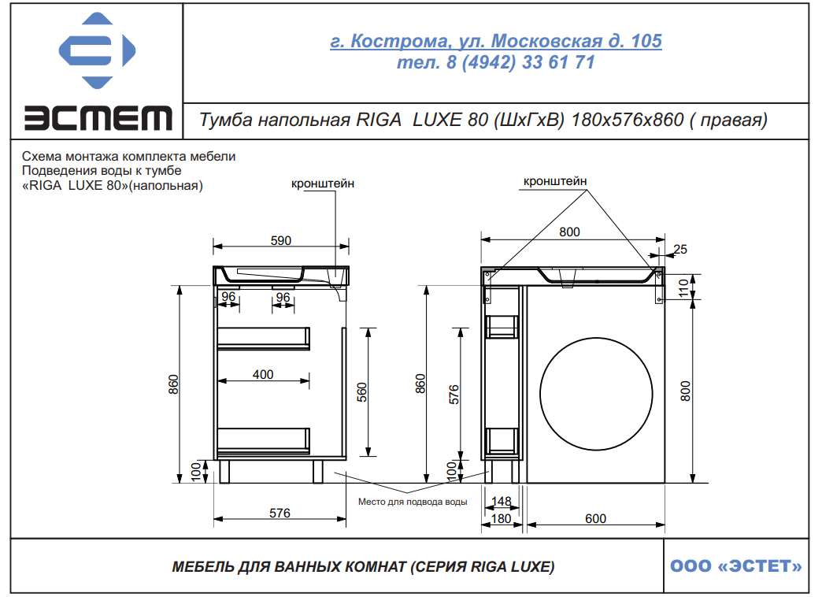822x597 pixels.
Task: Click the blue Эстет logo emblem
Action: (97, 50)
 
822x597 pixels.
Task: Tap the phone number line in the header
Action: (495, 62)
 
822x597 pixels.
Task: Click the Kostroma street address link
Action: (495, 41)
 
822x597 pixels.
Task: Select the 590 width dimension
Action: (280, 240)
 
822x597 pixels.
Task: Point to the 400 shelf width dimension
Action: (263, 375)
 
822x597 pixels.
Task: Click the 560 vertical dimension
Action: (361, 392)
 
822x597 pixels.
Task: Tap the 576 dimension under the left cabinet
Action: (280, 513)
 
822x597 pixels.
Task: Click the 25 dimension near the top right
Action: (680, 249)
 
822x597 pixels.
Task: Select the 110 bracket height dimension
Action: (683, 288)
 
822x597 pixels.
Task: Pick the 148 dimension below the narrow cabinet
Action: (502, 502)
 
